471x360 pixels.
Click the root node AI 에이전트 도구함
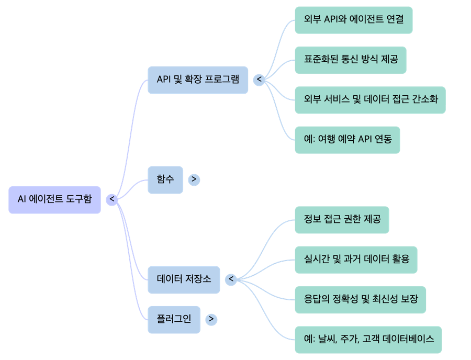point(54,199)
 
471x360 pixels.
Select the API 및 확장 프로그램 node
point(198,80)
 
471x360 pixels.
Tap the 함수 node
point(165,179)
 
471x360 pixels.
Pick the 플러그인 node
point(174,319)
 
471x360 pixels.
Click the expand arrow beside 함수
point(194,179)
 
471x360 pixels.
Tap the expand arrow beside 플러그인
point(211,319)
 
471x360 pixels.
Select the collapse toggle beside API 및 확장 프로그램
point(259,80)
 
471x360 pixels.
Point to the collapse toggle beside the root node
point(111,199)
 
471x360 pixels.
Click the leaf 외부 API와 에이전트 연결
point(353,20)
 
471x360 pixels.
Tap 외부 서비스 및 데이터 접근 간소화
point(370,99)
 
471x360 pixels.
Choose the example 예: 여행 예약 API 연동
point(347,140)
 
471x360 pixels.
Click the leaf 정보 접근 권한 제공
point(342,219)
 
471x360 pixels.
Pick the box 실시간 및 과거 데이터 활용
point(356,260)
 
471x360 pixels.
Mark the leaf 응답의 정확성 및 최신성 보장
point(360,299)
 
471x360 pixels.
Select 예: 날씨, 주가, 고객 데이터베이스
point(368,339)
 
